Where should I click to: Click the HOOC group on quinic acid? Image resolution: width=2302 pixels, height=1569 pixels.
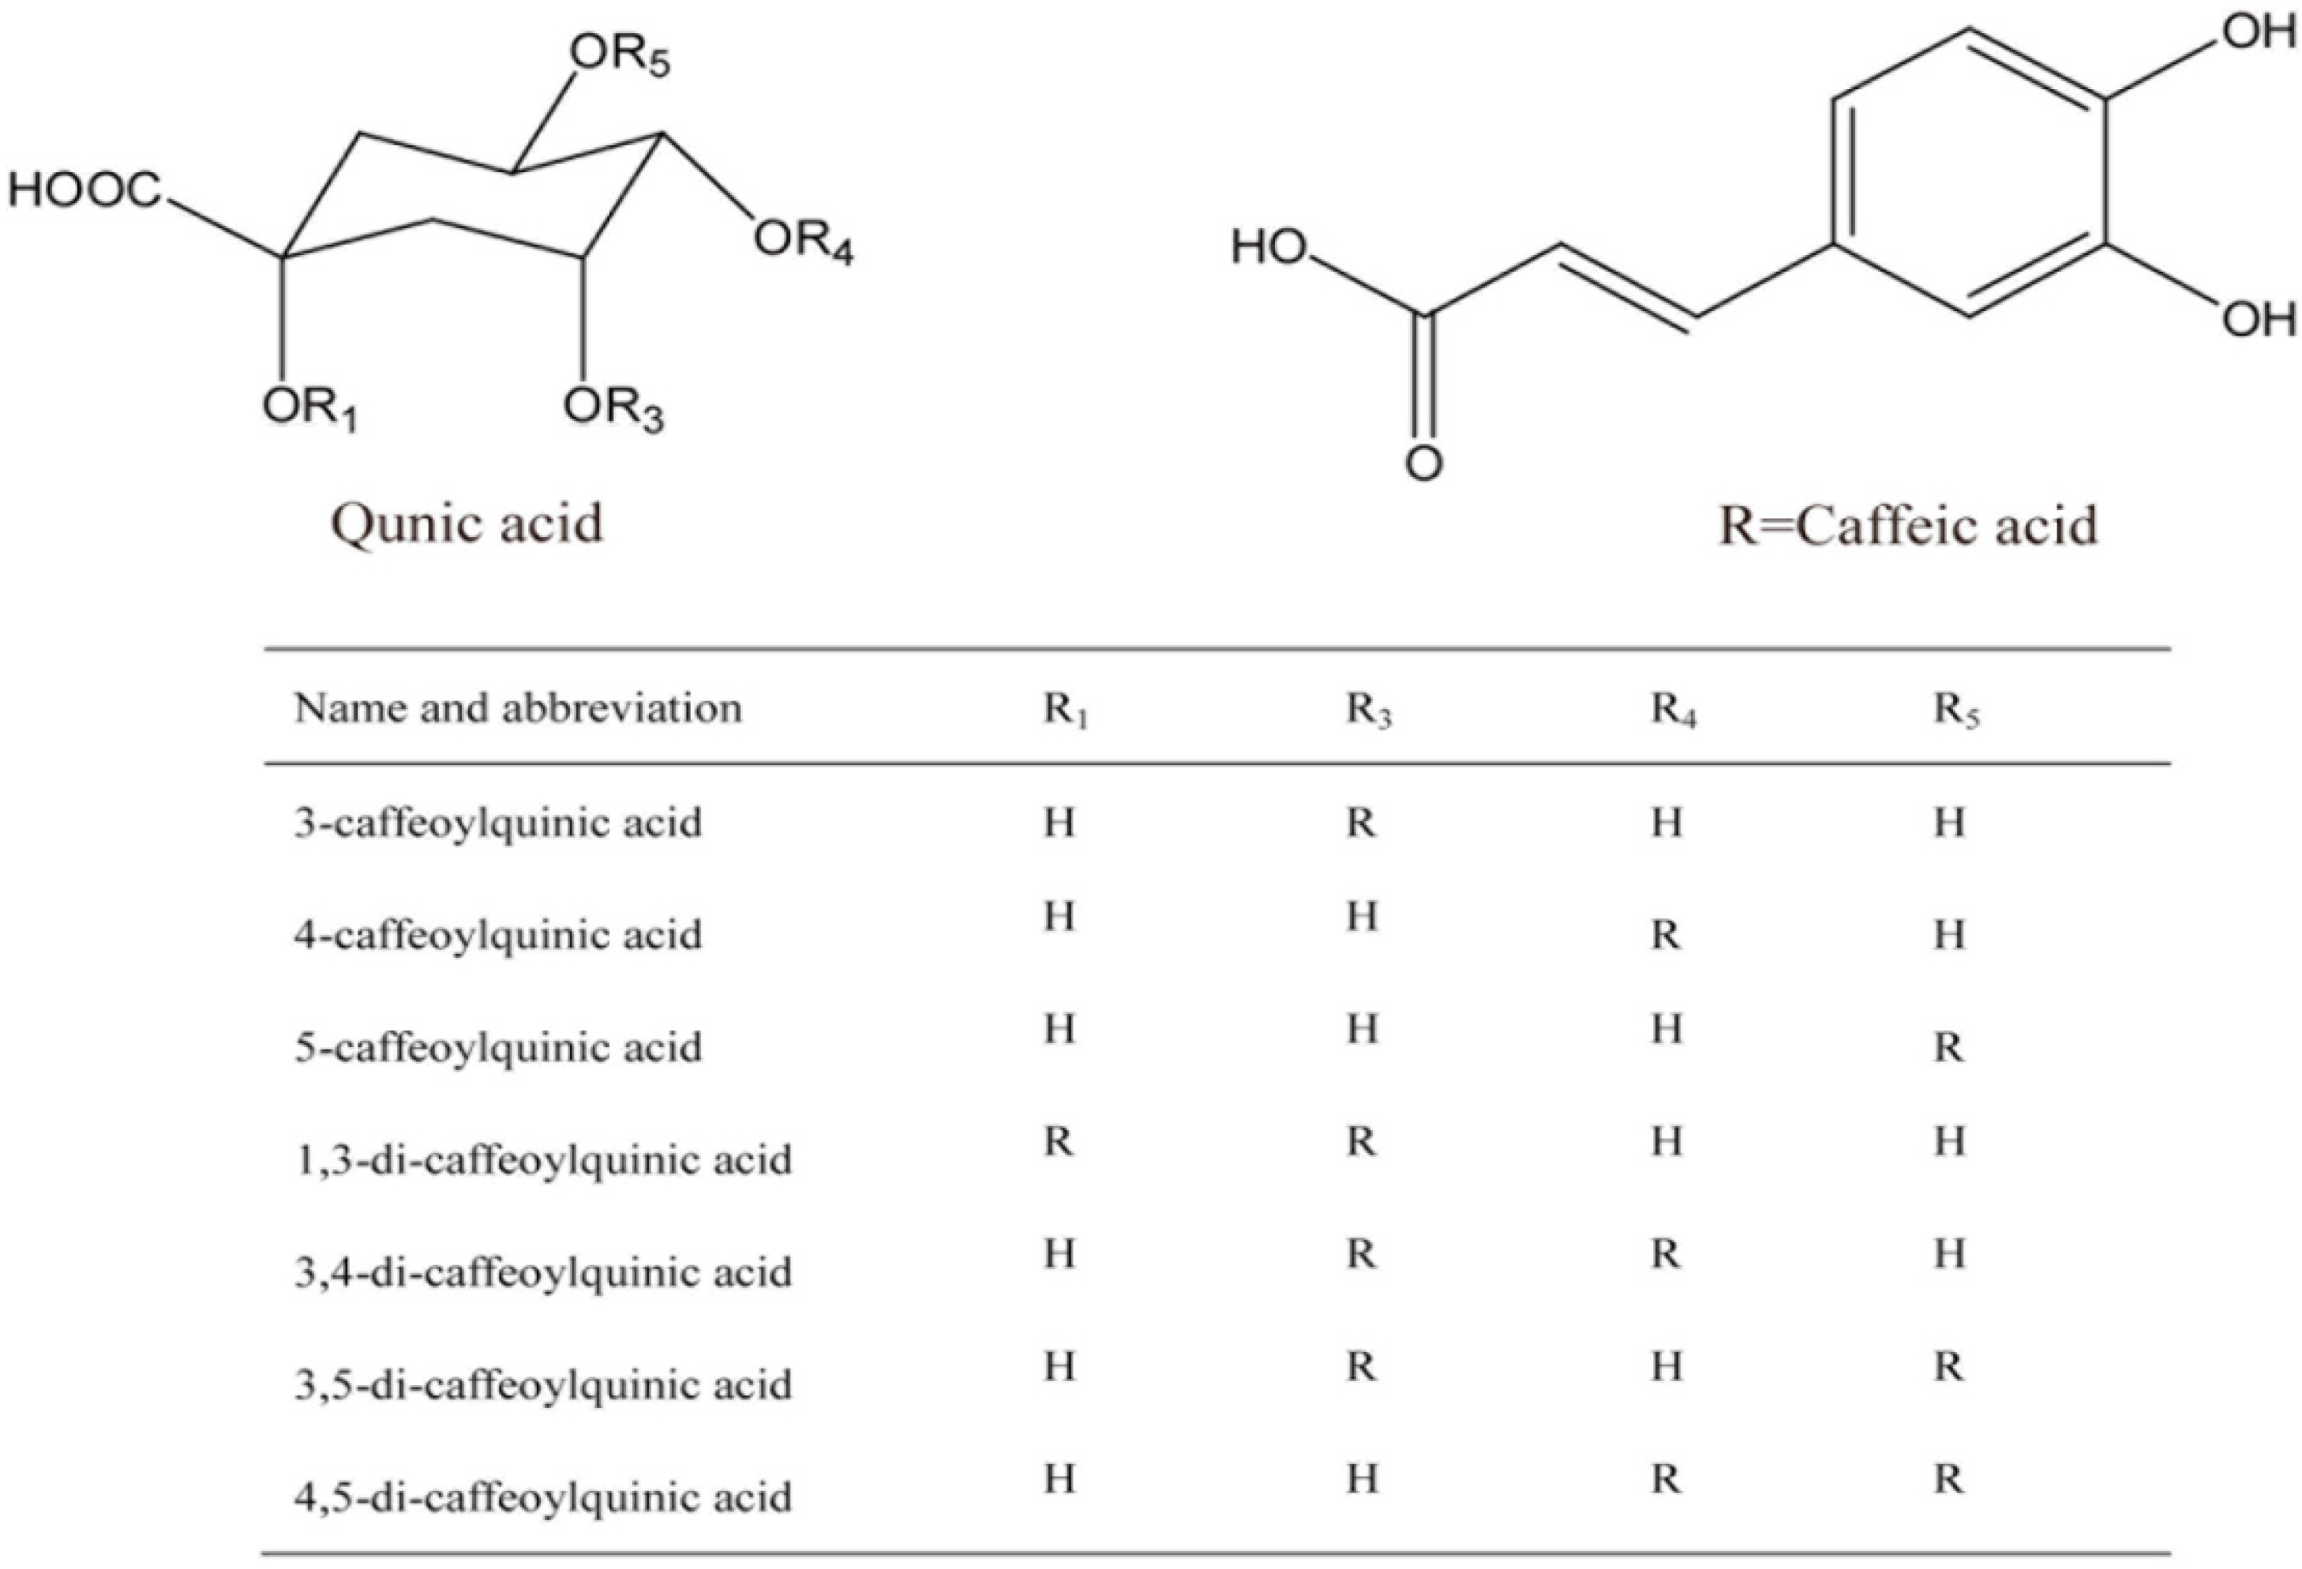85,190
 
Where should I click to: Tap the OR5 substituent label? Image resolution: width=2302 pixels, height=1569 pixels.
620,54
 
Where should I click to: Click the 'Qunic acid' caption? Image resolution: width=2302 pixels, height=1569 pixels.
467,523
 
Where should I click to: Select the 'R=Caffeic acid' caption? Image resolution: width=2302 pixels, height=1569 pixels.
1906,525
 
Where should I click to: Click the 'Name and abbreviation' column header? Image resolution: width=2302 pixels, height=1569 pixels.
518,708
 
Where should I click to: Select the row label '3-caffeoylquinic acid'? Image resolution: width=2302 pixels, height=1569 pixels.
497,823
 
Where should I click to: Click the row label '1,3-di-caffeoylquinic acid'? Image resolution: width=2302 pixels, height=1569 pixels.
543,1160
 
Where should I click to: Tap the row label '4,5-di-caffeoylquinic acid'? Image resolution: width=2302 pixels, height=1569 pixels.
543,1496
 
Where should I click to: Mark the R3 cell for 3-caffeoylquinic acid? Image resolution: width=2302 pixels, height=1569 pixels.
1361,823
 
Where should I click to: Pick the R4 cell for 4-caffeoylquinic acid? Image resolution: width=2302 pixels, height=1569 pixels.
1665,935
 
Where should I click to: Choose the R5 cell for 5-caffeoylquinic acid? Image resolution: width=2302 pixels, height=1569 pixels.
1948,1048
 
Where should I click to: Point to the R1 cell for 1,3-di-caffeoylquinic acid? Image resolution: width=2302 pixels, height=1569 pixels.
1058,1142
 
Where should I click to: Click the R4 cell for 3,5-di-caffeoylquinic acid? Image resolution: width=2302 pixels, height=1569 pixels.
1666,1367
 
